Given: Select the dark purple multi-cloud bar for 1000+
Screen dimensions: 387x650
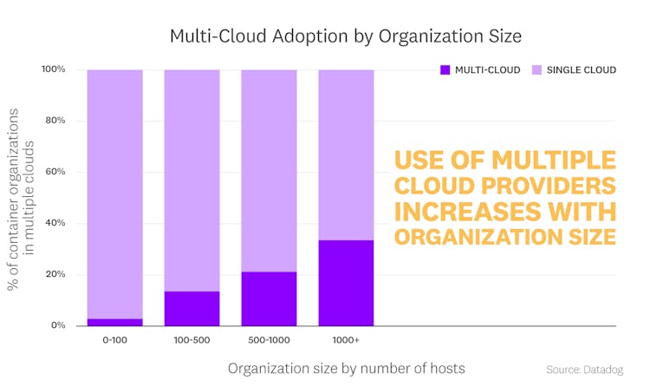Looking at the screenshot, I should click(346, 283).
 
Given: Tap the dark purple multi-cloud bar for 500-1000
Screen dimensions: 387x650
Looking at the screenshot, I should click(269, 298).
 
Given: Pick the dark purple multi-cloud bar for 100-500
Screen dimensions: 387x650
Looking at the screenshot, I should click(192, 308).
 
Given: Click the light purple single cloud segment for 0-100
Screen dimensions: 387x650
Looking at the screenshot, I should click(114, 191).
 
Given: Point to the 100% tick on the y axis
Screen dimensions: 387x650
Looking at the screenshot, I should click(53, 69).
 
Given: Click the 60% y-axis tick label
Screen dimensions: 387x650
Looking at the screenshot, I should click(55, 172).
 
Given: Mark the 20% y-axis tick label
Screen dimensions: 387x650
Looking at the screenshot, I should click(55, 274).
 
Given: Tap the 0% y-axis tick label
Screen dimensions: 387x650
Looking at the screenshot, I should click(58, 325).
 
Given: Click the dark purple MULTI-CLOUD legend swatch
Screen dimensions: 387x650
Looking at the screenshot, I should click(445, 69).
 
